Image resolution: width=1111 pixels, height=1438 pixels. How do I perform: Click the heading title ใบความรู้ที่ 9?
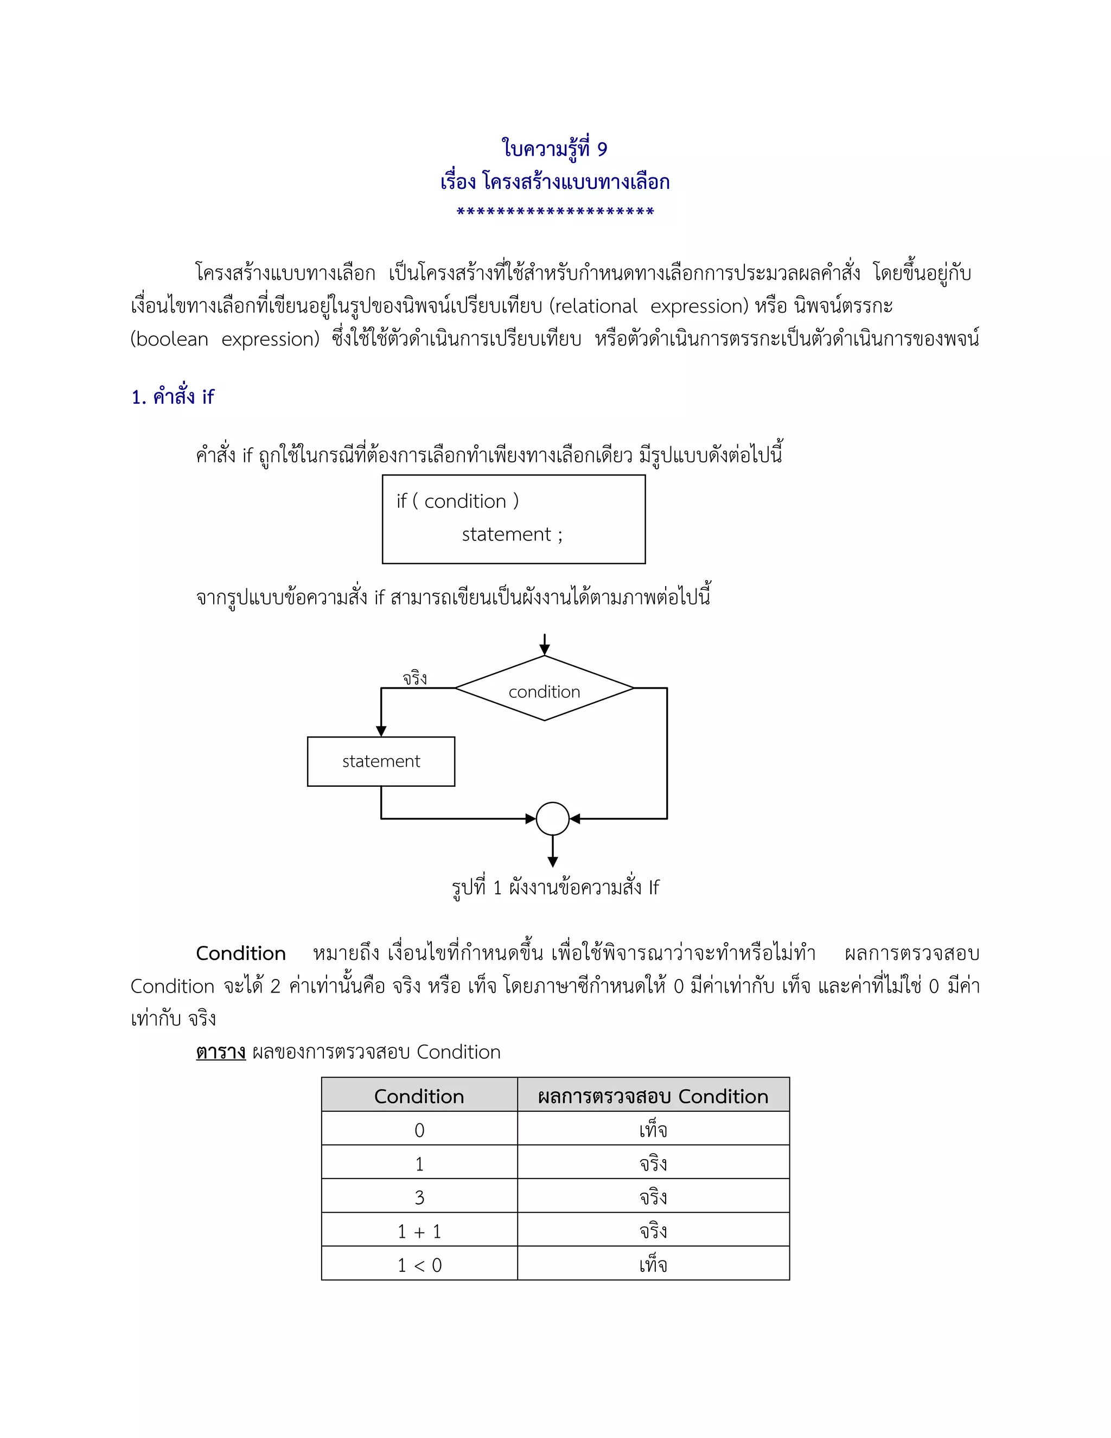click(x=555, y=149)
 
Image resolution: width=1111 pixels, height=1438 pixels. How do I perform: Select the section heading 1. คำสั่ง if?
click(x=173, y=397)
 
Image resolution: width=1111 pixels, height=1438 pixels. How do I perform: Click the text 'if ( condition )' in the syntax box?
click(x=457, y=501)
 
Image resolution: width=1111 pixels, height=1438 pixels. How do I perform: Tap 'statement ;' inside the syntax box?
click(x=512, y=534)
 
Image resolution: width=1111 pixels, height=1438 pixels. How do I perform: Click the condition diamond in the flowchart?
click(x=544, y=689)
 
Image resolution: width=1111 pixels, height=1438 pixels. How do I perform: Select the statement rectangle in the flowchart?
click(x=381, y=761)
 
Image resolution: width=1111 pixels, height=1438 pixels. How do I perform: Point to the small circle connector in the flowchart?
click(x=553, y=818)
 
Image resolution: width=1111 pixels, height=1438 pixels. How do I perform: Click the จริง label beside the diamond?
click(x=414, y=678)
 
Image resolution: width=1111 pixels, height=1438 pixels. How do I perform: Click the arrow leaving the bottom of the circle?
click(x=553, y=852)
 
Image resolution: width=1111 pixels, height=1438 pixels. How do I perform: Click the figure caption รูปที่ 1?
click(x=555, y=888)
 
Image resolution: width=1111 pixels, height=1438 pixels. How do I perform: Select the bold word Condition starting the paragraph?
click(x=241, y=953)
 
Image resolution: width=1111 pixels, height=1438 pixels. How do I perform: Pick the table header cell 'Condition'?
click(x=419, y=1096)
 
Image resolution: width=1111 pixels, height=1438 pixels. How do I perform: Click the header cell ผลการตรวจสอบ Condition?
click(x=653, y=1096)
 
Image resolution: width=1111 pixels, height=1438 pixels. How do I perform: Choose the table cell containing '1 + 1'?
click(x=419, y=1231)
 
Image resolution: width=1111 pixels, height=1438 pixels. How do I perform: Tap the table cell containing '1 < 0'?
click(x=419, y=1265)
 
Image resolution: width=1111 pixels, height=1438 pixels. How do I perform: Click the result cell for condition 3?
click(x=653, y=1197)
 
